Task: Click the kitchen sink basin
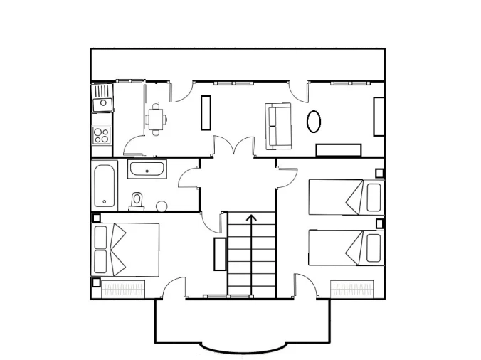coord(102,104)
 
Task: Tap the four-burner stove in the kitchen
coord(102,134)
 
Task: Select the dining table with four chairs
coord(157,119)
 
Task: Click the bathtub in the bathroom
coord(106,184)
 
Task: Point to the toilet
coord(137,201)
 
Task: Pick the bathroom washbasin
coord(147,169)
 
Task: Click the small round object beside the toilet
coord(161,206)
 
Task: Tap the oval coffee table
coord(313,120)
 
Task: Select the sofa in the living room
coord(277,127)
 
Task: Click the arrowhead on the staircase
coord(251,217)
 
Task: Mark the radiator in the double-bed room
coord(124,289)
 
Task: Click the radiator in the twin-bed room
coord(352,289)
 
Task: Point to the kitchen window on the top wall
coord(129,81)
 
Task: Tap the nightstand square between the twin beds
coord(379,223)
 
